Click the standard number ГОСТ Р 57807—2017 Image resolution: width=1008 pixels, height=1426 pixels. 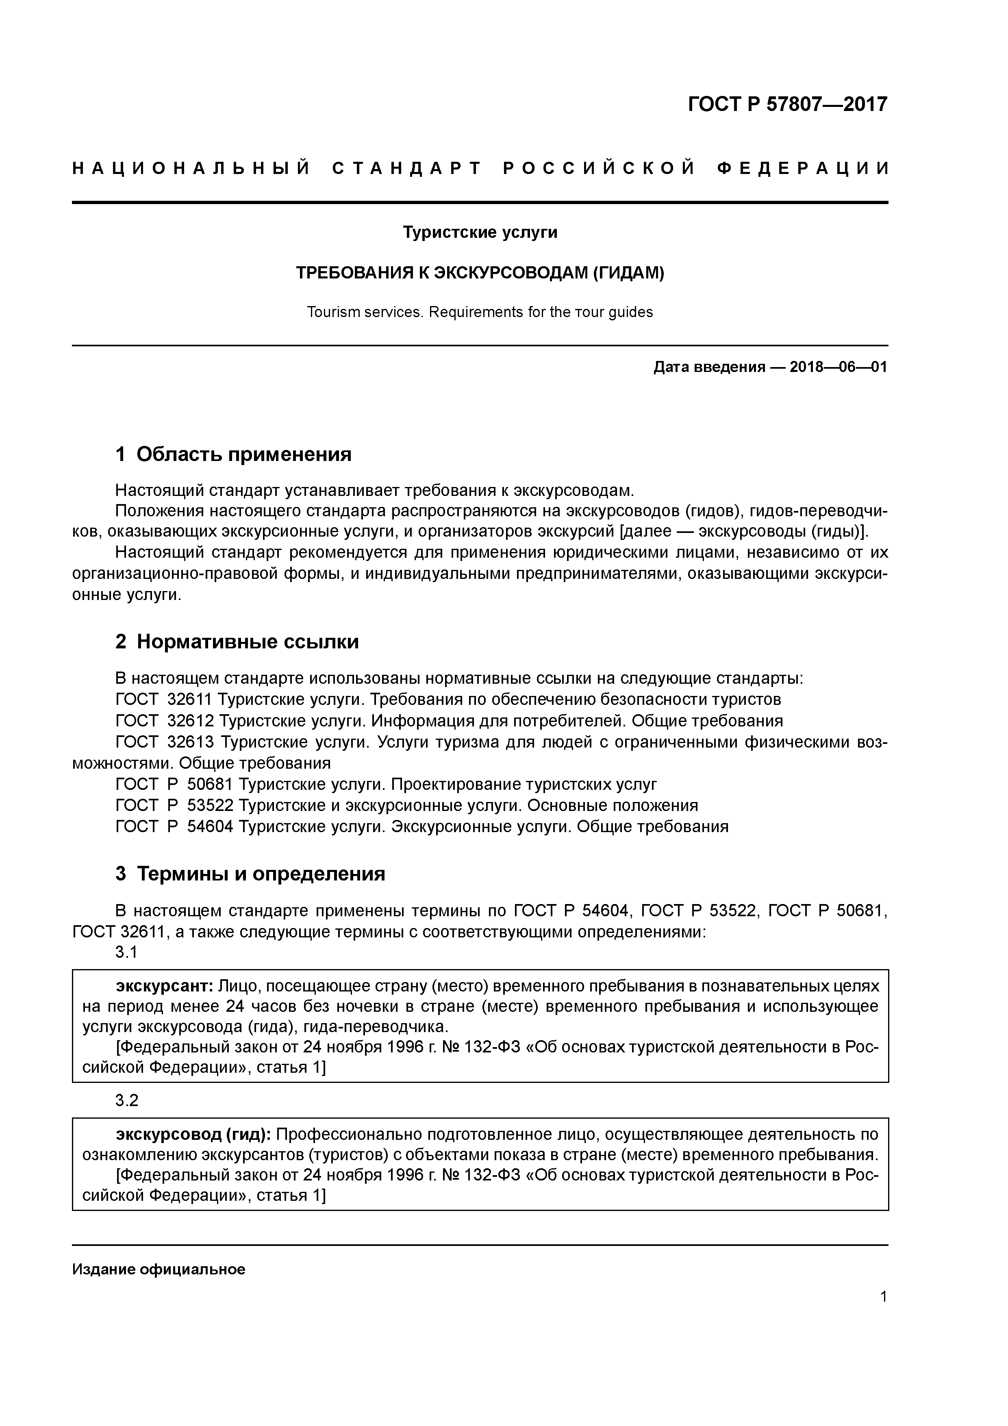click(x=788, y=104)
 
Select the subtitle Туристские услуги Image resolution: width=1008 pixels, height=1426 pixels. click(x=480, y=232)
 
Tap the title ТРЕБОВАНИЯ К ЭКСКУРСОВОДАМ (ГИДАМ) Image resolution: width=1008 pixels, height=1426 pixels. click(x=480, y=273)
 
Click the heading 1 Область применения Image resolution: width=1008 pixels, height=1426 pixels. click(x=234, y=454)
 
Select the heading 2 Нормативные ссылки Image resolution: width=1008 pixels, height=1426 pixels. click(x=237, y=641)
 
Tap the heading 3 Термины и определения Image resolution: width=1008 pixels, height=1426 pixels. click(x=250, y=873)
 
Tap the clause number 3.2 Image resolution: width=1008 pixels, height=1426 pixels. click(x=127, y=1100)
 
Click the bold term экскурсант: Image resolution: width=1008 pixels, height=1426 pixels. click(x=165, y=986)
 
